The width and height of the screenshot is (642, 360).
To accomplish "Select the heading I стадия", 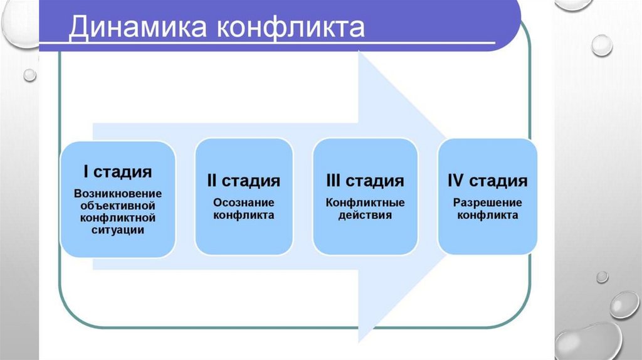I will (x=118, y=171).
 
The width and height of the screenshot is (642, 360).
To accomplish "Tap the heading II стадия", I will (x=243, y=181).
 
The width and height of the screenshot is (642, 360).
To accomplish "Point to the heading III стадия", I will (x=365, y=181).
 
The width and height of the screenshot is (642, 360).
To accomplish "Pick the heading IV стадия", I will (x=487, y=181).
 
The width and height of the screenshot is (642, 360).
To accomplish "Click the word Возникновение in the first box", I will (x=118, y=193).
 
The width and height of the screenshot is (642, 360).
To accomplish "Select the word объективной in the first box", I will (x=118, y=205).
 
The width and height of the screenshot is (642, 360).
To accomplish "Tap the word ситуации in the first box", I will (x=118, y=230).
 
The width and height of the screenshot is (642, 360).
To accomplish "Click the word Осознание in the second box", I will (x=243, y=203).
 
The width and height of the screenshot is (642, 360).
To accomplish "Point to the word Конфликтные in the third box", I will (x=365, y=203).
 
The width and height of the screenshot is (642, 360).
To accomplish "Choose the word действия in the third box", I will (x=365, y=215).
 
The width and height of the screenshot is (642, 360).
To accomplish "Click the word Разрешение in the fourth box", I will (x=487, y=203).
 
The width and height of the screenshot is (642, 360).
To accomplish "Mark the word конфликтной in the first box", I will (x=118, y=218).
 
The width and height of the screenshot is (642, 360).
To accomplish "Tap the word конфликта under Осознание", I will (x=243, y=215).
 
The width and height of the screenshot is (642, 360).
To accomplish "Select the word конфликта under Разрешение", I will (x=487, y=215).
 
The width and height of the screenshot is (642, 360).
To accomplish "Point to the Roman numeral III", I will (x=334, y=181).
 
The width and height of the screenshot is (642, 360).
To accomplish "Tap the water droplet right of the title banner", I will (x=602, y=45).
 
